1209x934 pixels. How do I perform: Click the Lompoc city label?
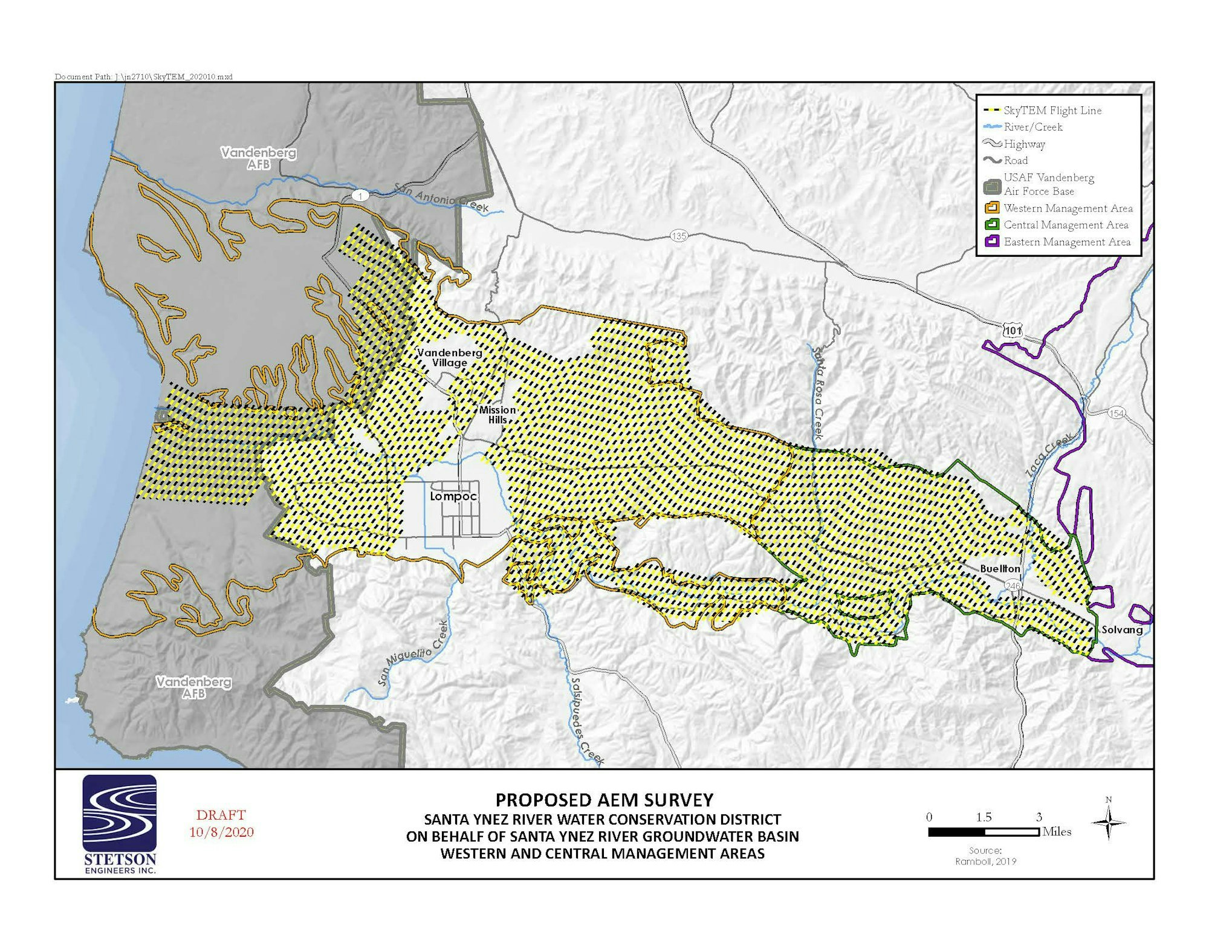click(x=453, y=496)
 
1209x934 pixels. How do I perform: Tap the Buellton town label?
click(x=1000, y=569)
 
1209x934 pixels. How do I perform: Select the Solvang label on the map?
click(x=1122, y=629)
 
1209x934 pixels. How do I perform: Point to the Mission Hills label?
click(x=498, y=415)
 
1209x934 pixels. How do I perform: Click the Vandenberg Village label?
click(x=450, y=357)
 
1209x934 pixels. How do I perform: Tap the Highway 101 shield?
click(x=1013, y=331)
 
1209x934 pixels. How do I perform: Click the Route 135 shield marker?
click(x=679, y=236)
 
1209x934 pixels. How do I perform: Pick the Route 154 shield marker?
click(x=1117, y=413)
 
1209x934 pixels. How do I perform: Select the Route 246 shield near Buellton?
click(x=1013, y=586)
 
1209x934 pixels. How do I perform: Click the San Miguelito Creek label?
click(x=413, y=653)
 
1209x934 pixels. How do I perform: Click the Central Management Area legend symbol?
click(x=992, y=225)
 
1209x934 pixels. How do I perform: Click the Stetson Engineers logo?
click(x=120, y=824)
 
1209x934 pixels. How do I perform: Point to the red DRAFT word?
click(x=221, y=815)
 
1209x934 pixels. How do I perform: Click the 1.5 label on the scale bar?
click(x=984, y=817)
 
